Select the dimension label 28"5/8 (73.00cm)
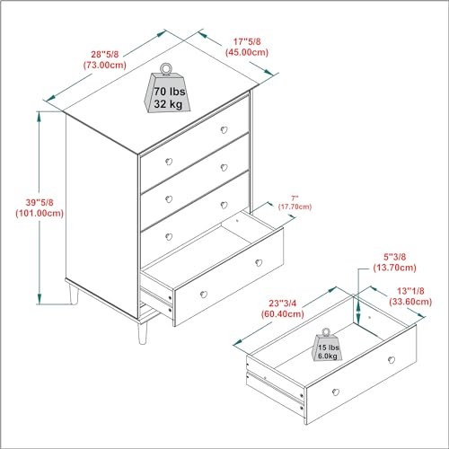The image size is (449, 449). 105,59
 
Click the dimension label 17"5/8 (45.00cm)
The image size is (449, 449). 247,47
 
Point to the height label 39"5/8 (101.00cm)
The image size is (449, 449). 40,207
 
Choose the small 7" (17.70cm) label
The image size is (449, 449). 295,203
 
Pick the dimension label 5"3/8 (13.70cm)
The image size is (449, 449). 395,262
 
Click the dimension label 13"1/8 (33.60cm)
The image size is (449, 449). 410,296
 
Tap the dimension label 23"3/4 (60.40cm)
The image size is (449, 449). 283,308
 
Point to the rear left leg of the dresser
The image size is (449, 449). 74,294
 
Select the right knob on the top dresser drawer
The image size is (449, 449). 224,130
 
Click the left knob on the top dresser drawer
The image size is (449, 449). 169,162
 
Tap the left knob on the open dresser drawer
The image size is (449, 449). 204,295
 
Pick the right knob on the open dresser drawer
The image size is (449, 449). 259,263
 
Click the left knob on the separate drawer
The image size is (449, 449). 336,392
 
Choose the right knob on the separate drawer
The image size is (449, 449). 392,360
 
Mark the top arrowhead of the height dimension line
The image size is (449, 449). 39,117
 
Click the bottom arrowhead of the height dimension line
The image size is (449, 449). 39,299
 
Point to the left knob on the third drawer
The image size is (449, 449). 169,237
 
